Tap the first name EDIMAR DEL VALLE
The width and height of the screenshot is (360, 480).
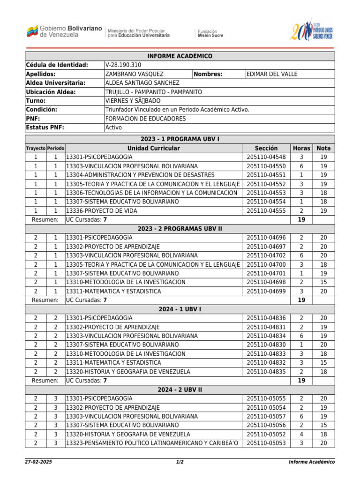click(272, 74)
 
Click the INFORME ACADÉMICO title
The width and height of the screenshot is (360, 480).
click(180, 56)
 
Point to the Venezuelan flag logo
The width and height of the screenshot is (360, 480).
click(32, 32)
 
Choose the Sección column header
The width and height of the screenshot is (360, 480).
click(266, 148)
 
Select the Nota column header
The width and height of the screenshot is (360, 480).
click(323, 148)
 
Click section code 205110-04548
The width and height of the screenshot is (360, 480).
click(266, 157)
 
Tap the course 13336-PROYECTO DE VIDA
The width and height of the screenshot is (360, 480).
click(102, 211)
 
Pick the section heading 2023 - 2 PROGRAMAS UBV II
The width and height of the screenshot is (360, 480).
click(180, 229)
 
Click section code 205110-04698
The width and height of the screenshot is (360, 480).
click(266, 282)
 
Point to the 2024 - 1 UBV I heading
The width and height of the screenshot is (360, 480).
click(180, 309)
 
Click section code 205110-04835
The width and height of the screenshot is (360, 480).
click(266, 372)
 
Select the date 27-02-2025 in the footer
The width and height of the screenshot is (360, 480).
click(38, 462)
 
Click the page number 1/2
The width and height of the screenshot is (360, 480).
click(180, 462)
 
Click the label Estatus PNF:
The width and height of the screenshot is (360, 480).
click(45, 127)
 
